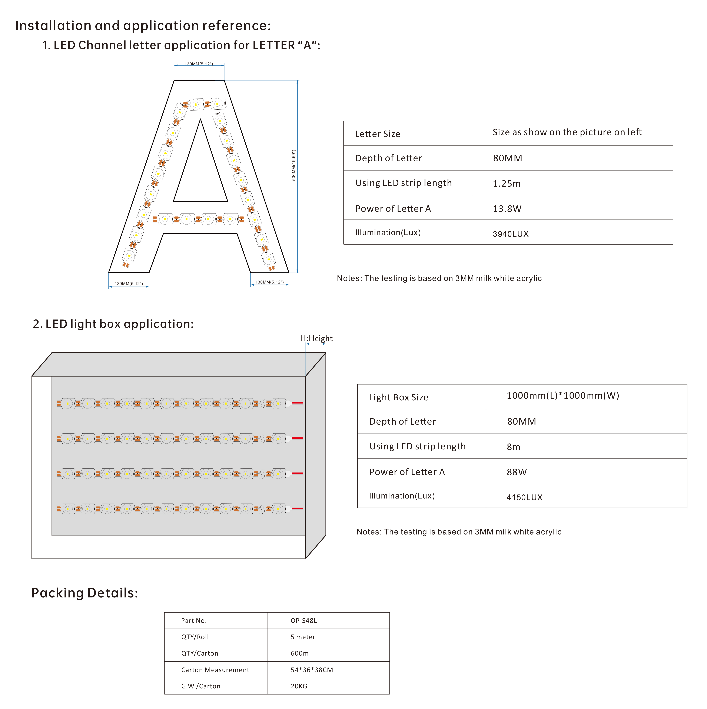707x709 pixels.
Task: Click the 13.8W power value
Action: tap(507, 209)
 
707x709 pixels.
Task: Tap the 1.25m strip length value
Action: tap(506, 183)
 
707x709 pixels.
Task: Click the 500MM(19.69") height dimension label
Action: tap(293, 165)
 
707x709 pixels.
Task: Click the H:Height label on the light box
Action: tap(316, 338)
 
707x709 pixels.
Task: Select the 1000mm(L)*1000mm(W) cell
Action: tap(562, 396)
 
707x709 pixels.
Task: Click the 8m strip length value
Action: tap(513, 447)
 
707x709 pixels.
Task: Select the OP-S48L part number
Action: tap(303, 621)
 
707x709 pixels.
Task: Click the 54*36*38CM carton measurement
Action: tap(312, 670)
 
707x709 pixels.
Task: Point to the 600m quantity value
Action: tap(299, 653)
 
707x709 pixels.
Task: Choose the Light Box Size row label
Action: tap(398, 397)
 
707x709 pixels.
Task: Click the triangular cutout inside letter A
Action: tap(200, 176)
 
